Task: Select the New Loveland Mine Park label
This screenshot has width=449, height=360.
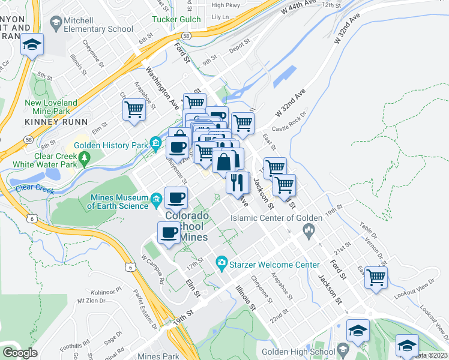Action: pyautogui.click(x=51, y=107)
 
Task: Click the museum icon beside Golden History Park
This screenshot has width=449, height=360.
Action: pyautogui.click(x=156, y=143)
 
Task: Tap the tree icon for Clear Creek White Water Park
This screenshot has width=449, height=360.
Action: pyautogui.click(x=85, y=157)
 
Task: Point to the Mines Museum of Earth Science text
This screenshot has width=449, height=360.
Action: pyautogui.click(x=118, y=202)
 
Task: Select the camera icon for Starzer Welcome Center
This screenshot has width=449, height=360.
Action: pyautogui.click(x=221, y=262)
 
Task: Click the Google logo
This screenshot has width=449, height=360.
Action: pyautogui.click(x=20, y=353)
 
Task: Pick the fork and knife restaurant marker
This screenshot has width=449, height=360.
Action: pyautogui.click(x=238, y=181)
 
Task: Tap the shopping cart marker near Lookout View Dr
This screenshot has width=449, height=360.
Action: pyautogui.click(x=376, y=278)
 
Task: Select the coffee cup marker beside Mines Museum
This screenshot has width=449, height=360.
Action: pyautogui.click(x=176, y=197)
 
